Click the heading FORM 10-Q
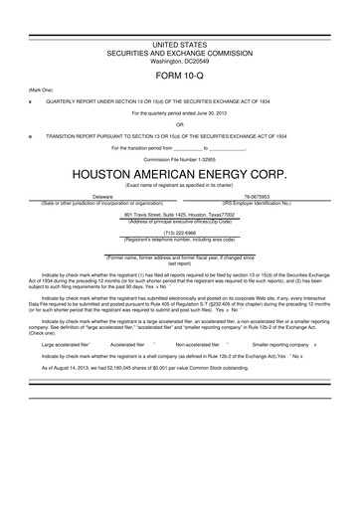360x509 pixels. [179, 75]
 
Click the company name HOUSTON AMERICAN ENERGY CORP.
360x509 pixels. [179, 172]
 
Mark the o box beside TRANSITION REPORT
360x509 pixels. [30, 135]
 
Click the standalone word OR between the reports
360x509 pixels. [179, 124]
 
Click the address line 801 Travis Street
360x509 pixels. [179, 214]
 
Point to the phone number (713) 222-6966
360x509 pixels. [179, 233]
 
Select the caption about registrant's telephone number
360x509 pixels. [179, 239]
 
